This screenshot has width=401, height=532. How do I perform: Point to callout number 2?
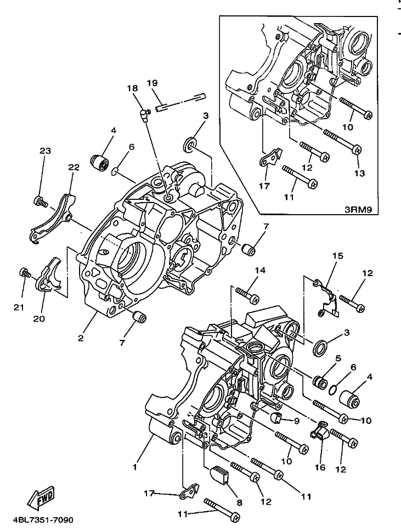(81, 338)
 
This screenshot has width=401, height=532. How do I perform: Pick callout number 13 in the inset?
(359, 173)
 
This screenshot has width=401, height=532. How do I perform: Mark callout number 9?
(296, 421)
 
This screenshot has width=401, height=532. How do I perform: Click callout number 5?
(337, 358)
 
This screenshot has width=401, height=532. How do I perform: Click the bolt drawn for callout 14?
(247, 295)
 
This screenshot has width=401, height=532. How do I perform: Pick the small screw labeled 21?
(23, 272)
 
